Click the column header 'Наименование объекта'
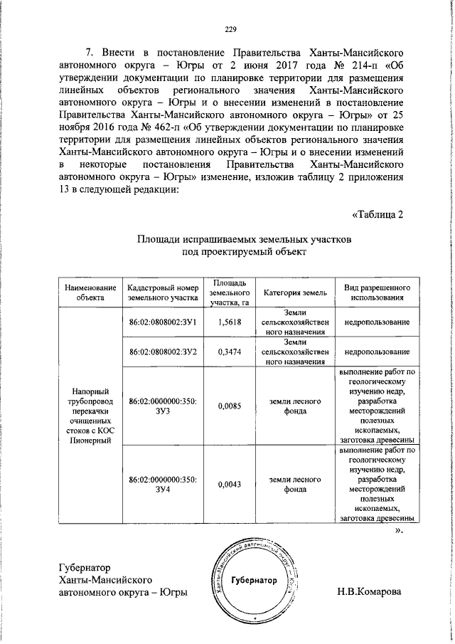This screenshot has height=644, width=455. (x=90, y=292)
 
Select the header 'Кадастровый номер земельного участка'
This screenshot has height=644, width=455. (x=163, y=292)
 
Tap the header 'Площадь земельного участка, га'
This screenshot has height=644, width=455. (x=230, y=292)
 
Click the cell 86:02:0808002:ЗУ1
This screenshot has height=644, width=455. (x=163, y=322)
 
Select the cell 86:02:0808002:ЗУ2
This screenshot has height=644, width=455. (x=163, y=352)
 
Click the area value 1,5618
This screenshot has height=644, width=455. (x=230, y=322)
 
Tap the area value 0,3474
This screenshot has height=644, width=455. (x=230, y=352)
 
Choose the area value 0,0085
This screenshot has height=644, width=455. (x=230, y=406)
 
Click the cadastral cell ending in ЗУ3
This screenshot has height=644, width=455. (x=163, y=406)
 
